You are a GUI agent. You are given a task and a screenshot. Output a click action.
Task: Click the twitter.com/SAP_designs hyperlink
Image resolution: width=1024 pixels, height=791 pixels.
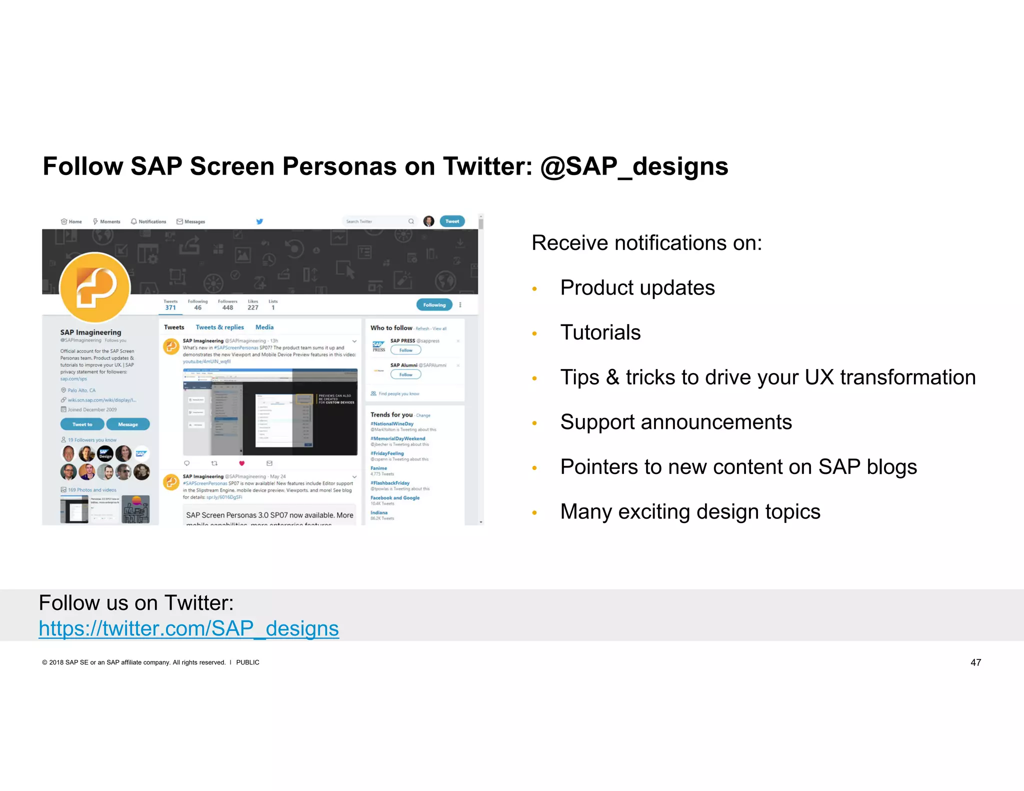click(188, 628)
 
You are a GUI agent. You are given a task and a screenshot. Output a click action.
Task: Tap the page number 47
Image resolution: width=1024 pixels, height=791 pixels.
click(975, 662)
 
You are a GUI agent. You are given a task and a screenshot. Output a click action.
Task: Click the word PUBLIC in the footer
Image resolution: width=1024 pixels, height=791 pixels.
click(247, 662)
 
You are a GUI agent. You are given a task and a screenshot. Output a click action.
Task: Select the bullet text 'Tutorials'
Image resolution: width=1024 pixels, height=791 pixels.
click(600, 332)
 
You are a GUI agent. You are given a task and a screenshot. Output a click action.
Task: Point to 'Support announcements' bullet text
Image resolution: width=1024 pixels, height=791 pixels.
click(676, 422)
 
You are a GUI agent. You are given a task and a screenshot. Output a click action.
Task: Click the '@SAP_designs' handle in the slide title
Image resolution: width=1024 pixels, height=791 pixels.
click(634, 166)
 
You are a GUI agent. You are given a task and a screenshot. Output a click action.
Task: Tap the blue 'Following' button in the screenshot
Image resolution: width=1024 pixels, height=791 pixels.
click(434, 305)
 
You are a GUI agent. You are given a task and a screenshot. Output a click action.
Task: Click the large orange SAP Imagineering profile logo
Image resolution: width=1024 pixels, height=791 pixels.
click(95, 287)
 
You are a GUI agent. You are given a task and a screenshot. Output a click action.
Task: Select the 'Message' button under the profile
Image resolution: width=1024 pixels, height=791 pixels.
click(128, 424)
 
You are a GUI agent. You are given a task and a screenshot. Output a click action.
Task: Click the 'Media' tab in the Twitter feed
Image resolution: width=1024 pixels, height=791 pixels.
click(264, 327)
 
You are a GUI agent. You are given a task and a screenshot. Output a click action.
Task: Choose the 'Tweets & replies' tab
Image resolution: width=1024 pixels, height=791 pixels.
click(219, 327)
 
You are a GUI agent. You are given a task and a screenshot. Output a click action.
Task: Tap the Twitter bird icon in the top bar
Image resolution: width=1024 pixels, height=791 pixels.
click(259, 221)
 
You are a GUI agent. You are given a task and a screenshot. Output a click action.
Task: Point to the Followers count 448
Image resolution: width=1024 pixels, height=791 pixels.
click(227, 307)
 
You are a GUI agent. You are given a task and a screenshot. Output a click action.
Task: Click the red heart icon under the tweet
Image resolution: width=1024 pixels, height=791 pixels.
click(241, 463)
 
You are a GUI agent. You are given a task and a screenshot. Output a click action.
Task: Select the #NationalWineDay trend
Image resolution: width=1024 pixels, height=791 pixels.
click(392, 424)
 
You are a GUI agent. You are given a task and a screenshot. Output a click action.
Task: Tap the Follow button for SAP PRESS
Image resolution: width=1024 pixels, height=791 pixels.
click(405, 350)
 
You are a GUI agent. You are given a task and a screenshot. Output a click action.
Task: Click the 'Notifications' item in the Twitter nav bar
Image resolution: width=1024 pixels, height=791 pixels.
click(148, 221)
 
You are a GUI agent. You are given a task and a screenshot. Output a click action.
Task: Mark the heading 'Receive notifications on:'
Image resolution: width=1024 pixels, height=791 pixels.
click(646, 243)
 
